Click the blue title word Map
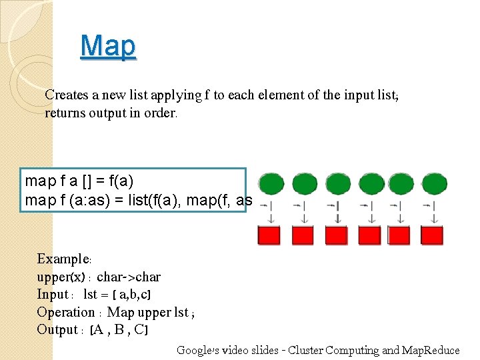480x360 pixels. pos(108,46)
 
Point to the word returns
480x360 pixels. pos(65,113)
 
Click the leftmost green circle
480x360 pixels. pos(271,183)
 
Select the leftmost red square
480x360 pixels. pos(269,235)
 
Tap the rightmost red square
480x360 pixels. pos(435,235)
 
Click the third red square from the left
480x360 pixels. pos(336,235)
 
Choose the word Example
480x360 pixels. pos(63,259)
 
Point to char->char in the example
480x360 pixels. pos(129,277)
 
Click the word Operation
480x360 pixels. pos(66,312)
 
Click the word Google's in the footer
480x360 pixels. pos(197,350)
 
